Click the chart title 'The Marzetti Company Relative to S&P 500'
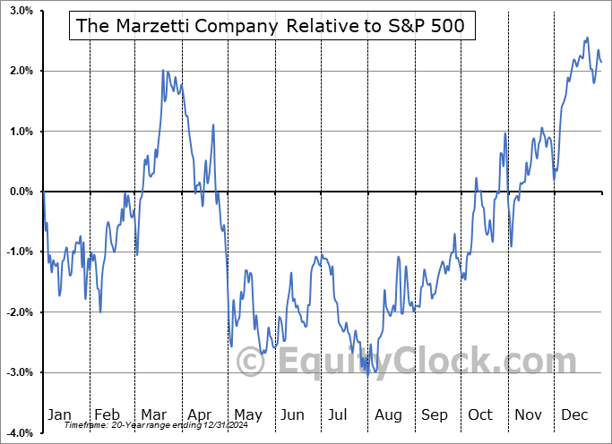271,26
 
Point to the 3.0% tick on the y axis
22,11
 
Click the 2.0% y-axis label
22,71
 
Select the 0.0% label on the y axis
22,192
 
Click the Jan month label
59,414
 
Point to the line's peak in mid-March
163,70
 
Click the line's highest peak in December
587,38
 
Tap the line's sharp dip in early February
100,311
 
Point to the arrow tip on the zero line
601,192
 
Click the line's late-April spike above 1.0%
213,125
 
